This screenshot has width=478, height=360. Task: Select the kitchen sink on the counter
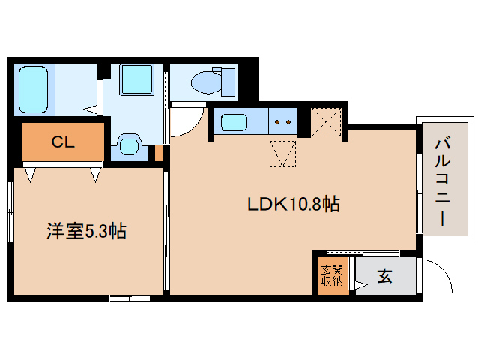click(x=235, y=121)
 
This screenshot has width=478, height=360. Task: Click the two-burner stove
click(x=282, y=121)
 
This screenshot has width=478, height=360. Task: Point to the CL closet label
click(x=62, y=142)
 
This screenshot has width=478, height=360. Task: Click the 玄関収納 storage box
click(x=331, y=276)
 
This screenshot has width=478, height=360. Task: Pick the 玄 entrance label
click(x=384, y=276)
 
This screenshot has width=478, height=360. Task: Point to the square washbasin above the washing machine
click(x=136, y=79)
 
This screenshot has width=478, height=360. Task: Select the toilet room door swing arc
click(x=187, y=121)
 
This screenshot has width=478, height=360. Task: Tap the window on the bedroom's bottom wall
click(x=129, y=298)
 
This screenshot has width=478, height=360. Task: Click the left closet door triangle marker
click(x=30, y=175)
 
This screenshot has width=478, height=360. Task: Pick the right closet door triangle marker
click(x=96, y=175)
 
